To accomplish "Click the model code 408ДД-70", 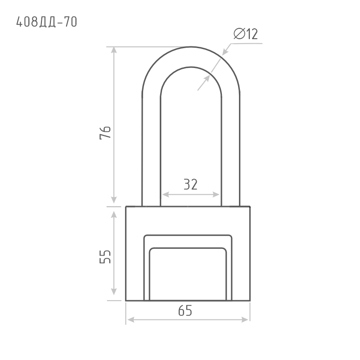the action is coord(47,22).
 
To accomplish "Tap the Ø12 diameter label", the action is coord(246,34).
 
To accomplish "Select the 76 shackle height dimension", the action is coord(105,133).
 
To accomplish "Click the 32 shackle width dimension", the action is coord(190,184).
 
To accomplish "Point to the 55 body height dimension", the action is coord(105,256).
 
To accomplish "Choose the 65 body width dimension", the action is coord(185,310).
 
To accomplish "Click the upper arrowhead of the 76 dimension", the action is coord(114,50).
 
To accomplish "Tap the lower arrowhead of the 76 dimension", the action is coord(114,200).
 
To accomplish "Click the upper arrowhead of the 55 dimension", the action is coord(114,215).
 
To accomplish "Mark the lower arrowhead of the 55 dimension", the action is coord(114,292).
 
